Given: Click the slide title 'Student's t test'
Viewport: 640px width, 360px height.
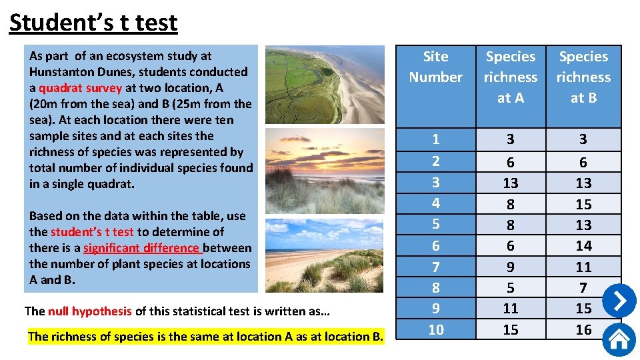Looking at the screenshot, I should [x=93, y=23].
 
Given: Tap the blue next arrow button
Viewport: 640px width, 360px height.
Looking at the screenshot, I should [x=619, y=301].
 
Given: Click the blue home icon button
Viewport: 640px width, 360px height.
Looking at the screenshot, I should [x=619, y=339].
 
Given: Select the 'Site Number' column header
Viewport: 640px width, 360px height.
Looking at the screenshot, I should [x=435, y=67].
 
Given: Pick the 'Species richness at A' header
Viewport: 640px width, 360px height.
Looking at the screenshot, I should [x=510, y=77].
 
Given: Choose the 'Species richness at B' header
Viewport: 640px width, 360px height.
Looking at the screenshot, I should [x=583, y=77].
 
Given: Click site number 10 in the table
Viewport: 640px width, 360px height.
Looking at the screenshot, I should [x=435, y=329].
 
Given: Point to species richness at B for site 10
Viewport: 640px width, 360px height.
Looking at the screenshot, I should [x=583, y=329].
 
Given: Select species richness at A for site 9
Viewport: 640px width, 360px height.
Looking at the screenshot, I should [x=510, y=308].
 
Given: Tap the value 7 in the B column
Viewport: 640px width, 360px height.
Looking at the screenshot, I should [x=583, y=287].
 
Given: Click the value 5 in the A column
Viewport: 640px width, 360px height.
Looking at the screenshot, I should [x=510, y=287].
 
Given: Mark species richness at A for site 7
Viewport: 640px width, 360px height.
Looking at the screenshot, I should [x=510, y=267].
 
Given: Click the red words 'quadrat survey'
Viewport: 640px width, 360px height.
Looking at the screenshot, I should [x=80, y=88].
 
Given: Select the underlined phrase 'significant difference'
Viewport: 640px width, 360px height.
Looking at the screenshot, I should [x=142, y=248].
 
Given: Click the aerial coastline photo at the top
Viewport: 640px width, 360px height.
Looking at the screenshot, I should [x=324, y=84].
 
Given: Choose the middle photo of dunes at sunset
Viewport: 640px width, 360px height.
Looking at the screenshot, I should [x=324, y=171].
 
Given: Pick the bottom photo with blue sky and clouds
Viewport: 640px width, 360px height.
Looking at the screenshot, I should [x=324, y=255].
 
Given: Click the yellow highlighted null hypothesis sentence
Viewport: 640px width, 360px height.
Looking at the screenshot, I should [x=205, y=336].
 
